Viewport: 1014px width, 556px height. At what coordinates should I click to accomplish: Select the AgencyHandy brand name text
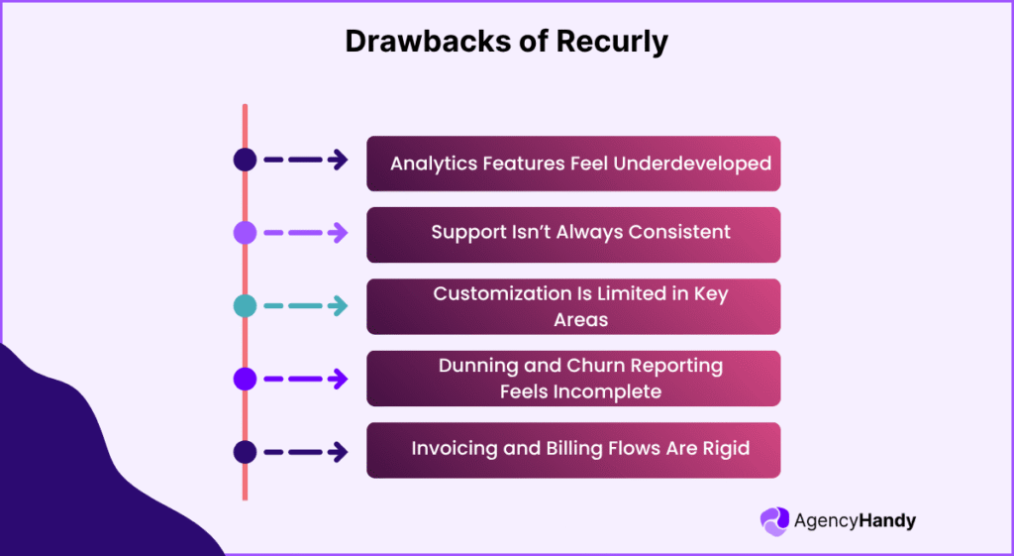[x=855, y=521]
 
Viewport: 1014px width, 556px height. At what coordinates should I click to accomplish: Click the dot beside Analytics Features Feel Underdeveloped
[x=245, y=161]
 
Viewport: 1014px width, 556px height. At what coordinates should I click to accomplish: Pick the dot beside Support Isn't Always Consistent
[x=245, y=233]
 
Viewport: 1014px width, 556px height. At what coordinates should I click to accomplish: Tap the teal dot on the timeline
[x=245, y=306]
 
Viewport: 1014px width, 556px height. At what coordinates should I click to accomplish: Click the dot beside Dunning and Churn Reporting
[x=245, y=379]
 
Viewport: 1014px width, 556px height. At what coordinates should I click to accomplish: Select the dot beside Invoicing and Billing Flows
[x=245, y=452]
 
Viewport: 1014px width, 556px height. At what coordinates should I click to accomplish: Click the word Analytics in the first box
[x=433, y=164]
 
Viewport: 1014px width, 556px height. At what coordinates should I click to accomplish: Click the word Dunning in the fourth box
[x=479, y=366]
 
